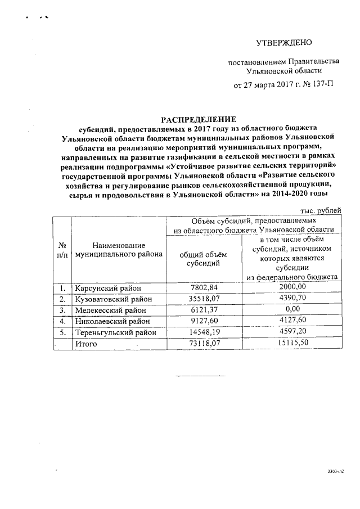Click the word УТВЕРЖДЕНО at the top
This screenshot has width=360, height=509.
point(283,43)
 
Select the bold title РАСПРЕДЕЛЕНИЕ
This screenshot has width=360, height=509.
point(200,119)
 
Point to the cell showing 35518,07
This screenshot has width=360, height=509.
point(204,299)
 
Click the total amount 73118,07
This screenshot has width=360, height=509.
point(204,344)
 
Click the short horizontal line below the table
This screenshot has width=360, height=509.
point(200,375)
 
